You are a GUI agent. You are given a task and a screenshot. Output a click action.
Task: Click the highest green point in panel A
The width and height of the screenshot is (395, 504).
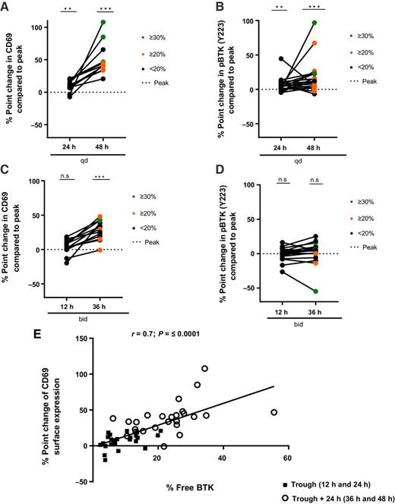click(102, 22)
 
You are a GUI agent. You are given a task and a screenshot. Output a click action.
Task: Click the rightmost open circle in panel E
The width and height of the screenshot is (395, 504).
click(273, 412)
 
